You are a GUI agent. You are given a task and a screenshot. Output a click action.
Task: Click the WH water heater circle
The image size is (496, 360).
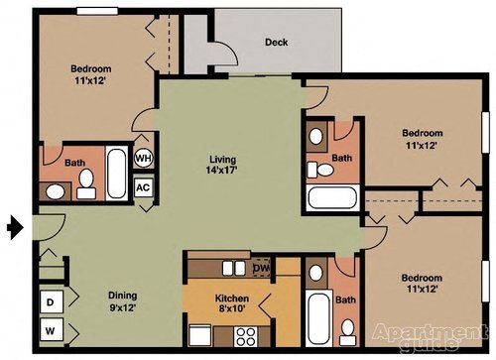143,158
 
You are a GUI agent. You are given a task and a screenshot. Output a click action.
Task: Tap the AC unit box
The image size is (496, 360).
143,186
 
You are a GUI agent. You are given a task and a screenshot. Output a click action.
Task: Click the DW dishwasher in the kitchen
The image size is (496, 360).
260,268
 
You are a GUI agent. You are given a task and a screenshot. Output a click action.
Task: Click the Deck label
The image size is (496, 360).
276,43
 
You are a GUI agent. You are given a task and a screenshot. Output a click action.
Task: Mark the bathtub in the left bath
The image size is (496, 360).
116,175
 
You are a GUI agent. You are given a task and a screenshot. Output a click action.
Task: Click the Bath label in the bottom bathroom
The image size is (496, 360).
344,300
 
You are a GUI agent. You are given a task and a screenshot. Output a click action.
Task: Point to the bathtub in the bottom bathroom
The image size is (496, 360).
319,317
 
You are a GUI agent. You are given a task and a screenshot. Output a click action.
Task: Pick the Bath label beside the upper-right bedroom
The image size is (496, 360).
340,158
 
